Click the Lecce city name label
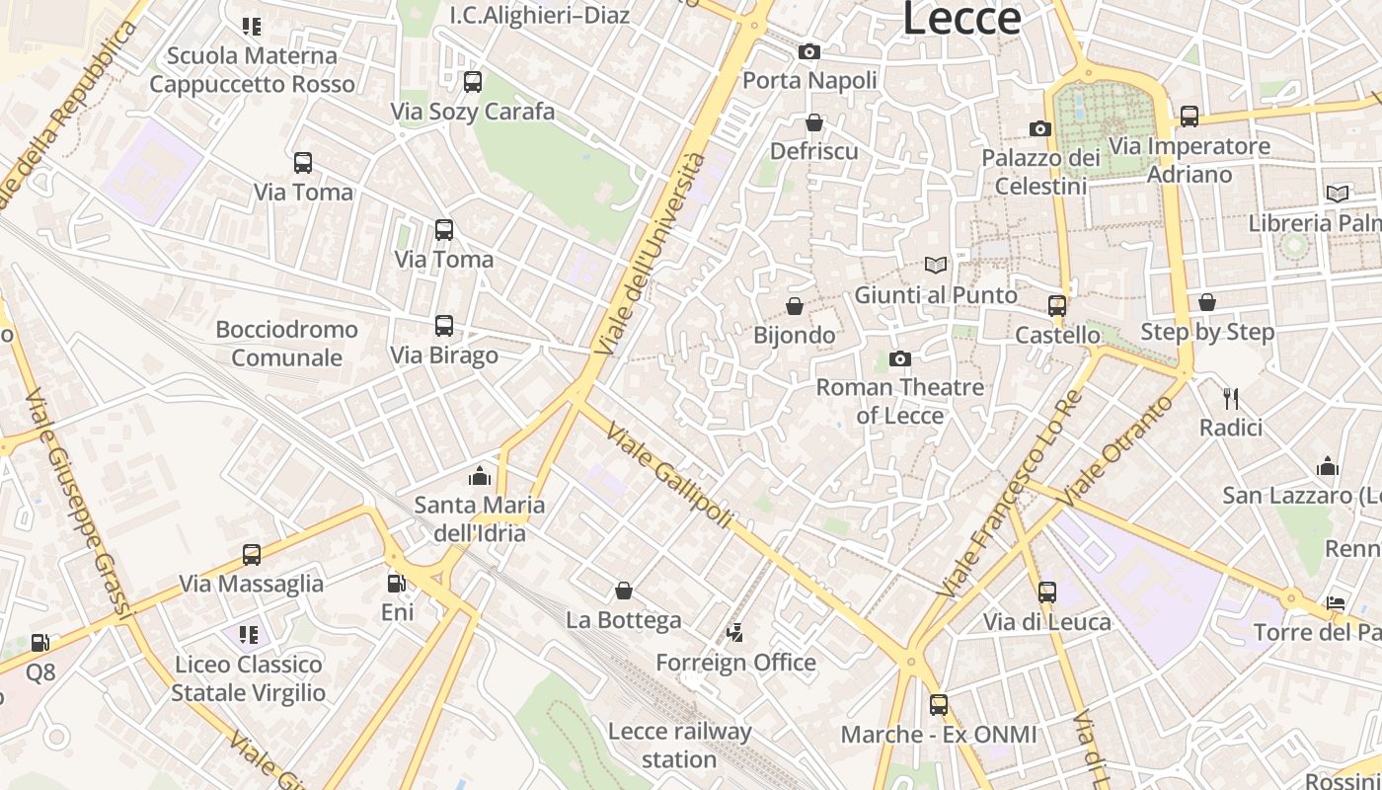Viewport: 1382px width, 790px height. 960,19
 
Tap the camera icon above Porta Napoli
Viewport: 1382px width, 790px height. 809,51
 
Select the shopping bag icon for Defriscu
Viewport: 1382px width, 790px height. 814,122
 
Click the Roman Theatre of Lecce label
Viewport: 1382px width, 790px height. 899,401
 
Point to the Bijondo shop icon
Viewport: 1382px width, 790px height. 795,307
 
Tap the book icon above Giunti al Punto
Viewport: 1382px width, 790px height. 935,265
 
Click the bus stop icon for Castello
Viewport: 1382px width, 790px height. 1057,306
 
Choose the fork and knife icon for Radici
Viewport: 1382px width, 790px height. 1231,399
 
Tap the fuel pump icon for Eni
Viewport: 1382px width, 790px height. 397,584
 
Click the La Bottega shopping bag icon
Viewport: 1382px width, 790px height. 624,591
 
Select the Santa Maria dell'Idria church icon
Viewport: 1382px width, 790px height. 480,477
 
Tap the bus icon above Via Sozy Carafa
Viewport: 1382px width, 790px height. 473,82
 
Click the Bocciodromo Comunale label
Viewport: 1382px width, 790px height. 286,344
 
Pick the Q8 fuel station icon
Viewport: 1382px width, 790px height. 40,643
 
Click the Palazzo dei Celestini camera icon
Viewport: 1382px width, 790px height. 1040,128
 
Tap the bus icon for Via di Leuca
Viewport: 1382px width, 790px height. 1047,592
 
